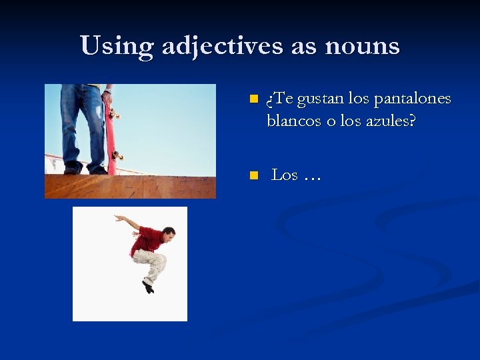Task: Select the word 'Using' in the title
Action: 116,46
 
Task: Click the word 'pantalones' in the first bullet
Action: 413,99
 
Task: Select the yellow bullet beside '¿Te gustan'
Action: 253,99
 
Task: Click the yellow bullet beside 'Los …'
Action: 253,176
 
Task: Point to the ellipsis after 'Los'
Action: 311,177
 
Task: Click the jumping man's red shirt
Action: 147,240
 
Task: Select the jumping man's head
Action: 169,233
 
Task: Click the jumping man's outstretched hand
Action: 118,217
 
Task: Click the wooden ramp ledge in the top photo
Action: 130,186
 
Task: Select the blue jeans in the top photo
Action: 82,123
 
